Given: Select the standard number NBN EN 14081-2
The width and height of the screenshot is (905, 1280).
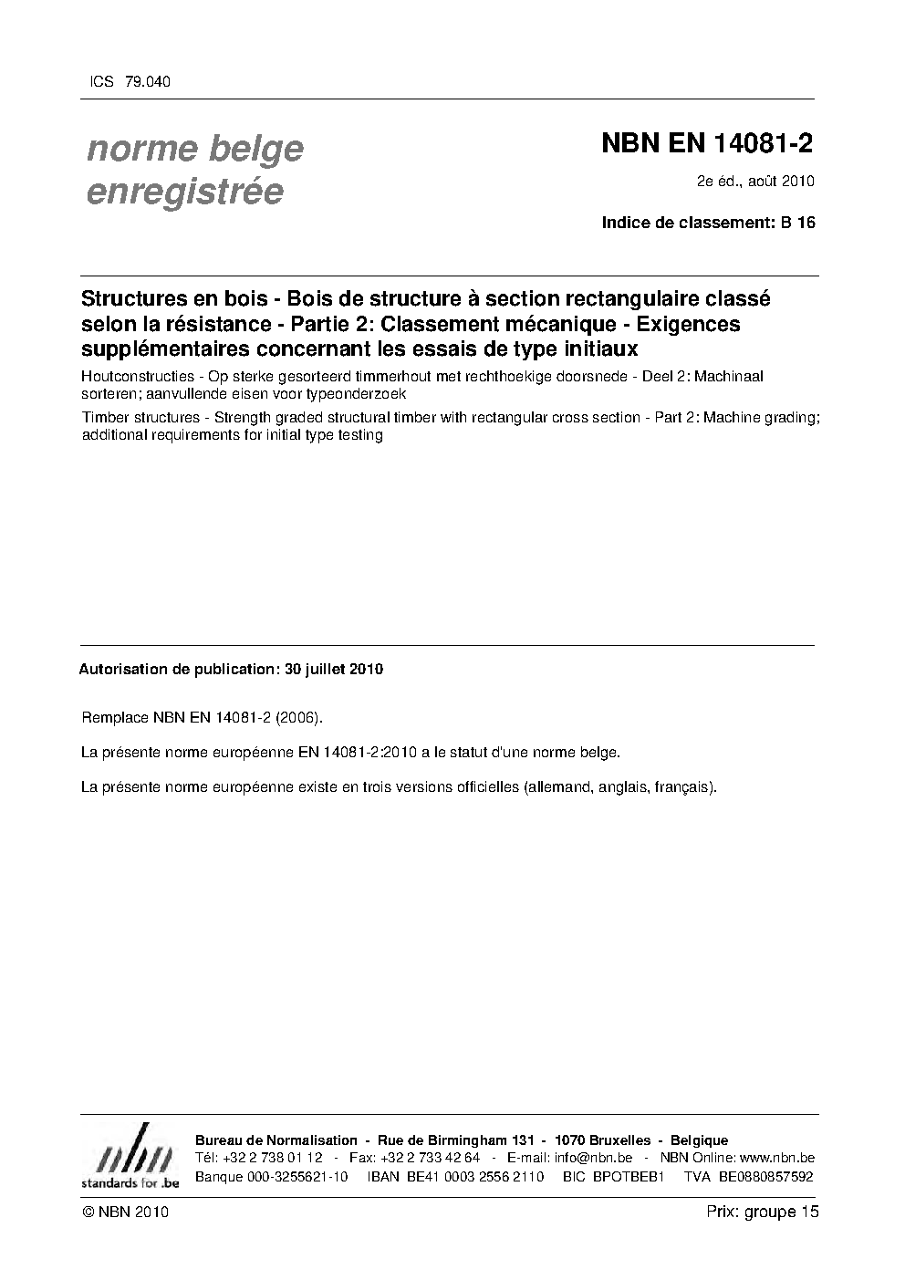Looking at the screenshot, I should (x=707, y=144).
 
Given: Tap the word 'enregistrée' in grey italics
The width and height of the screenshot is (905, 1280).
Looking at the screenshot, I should (x=183, y=192).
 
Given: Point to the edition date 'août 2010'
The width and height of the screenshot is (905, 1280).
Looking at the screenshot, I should (x=782, y=181).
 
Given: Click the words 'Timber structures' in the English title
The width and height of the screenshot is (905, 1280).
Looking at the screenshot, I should (x=140, y=417).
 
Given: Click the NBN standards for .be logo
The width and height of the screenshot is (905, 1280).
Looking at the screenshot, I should (x=130, y=1157).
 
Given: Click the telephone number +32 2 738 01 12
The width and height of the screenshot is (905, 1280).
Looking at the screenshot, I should (x=272, y=1158).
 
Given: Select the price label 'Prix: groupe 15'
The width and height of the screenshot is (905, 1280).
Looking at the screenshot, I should (x=762, y=1212).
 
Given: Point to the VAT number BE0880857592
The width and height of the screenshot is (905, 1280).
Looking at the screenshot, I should (x=765, y=1176).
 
